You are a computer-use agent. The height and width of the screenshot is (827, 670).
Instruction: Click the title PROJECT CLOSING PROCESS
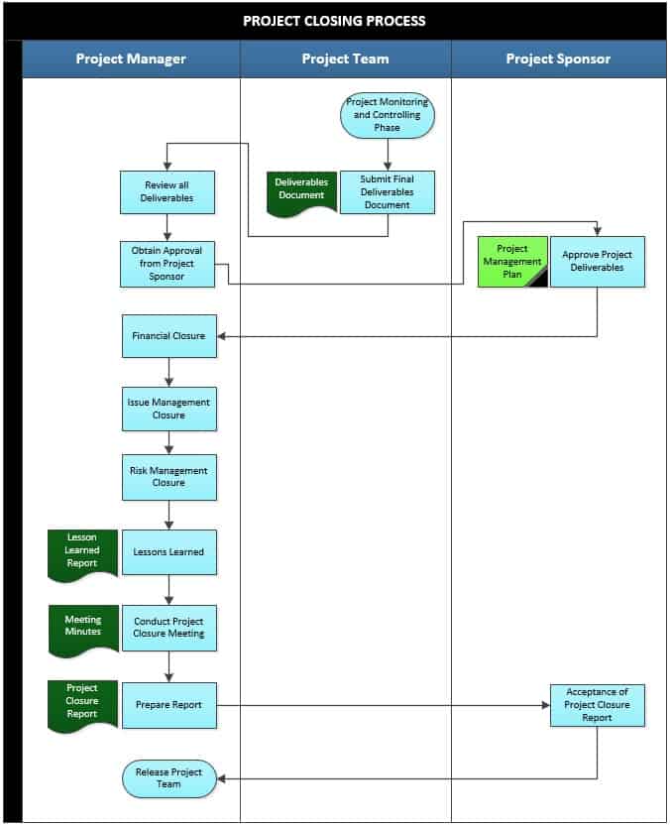point(334,20)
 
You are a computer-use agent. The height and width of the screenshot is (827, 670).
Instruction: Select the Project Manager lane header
point(131,59)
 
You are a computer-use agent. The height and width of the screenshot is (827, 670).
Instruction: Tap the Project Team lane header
point(345,59)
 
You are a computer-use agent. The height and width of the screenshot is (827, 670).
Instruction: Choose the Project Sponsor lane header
point(558,59)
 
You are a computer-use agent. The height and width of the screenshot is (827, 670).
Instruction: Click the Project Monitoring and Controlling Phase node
point(388,115)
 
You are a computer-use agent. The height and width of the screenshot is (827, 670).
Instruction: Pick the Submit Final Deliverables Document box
point(387,192)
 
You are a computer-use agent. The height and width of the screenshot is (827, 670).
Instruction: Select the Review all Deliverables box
point(167,192)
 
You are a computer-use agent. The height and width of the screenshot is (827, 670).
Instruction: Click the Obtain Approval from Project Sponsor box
point(167,264)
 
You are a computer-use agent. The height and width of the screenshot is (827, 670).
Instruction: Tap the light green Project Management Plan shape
point(511,261)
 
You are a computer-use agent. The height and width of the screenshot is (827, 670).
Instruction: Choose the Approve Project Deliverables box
point(597,261)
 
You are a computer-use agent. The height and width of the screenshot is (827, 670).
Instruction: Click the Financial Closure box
point(168,336)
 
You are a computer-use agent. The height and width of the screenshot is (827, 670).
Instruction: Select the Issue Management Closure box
point(168,409)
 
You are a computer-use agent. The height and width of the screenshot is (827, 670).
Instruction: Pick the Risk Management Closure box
point(168,477)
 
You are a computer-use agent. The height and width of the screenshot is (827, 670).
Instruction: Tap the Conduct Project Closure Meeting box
point(168,628)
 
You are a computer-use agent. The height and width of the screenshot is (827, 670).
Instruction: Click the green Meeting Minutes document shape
point(82,628)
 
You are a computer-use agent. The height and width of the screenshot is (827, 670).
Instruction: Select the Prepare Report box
point(168,705)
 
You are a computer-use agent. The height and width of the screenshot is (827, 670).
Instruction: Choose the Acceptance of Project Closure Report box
point(597,705)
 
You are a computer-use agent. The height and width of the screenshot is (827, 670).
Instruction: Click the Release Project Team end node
point(168,778)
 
